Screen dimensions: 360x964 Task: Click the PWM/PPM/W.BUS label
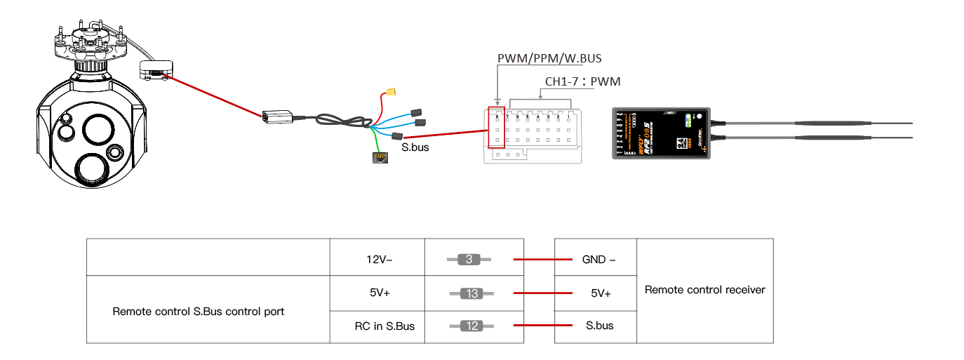pos(549,58)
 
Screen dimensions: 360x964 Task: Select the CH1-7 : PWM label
pos(582,81)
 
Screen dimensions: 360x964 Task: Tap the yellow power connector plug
pos(390,92)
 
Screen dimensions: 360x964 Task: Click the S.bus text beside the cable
pos(415,148)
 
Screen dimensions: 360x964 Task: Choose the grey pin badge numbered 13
pos(472,293)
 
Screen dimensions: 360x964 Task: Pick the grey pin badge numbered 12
pos(472,326)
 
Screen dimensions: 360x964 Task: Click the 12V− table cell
pos(377,260)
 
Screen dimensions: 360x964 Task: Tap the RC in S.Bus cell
pos(384,326)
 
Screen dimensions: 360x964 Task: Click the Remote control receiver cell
pos(704,289)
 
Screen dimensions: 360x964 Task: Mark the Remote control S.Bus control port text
pos(199,311)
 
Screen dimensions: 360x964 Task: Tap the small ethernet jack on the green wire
pos(379,158)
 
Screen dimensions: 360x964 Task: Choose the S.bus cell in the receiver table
pos(599,326)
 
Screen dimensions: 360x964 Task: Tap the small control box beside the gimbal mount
pos(155,69)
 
